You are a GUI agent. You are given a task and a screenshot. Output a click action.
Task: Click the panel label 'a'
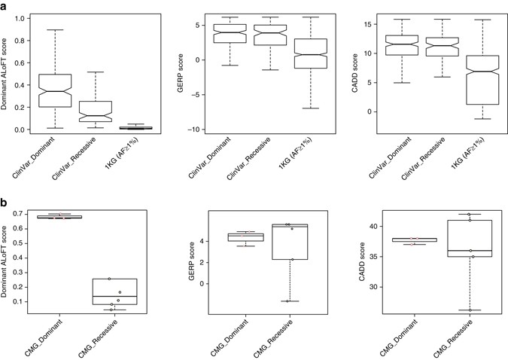pos(5,6)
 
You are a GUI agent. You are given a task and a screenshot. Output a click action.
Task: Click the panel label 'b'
pos(5,203)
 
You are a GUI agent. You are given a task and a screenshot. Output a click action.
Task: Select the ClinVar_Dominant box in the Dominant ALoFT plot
pos(59,90)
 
